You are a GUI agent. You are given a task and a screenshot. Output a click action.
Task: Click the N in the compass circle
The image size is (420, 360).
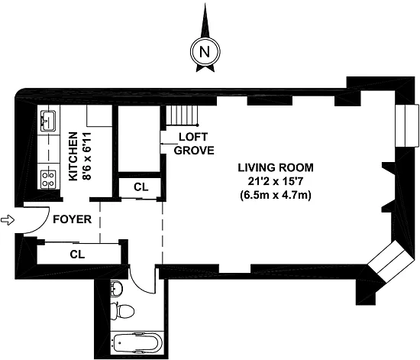coord(205,51)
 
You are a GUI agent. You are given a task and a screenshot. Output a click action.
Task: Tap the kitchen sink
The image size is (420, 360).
coord(48,121)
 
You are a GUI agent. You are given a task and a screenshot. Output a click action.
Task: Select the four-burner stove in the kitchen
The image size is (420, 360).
coord(48,179)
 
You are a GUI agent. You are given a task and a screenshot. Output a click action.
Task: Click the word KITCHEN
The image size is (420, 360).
coord(73,156)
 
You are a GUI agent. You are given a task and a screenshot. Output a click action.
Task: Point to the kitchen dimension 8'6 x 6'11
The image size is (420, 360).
coord(87,156)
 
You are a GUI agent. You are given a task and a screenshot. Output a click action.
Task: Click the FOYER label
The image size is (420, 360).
coord(73,219)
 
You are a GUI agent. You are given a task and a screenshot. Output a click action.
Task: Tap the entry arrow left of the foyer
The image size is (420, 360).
coord(7,220)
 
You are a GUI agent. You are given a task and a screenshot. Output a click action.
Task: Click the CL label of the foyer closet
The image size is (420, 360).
coord(77,254)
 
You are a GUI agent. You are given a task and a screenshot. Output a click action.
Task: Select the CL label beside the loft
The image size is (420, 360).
coord(141,187)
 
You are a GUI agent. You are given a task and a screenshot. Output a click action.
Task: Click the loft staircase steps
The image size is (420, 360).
coord(183,115)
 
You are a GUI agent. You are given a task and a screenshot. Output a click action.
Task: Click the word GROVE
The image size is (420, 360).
coord(194,151)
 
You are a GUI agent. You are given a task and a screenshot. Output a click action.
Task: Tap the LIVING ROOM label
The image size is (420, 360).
coord(276,167)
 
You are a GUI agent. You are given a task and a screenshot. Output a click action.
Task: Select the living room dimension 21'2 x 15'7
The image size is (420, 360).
coord(276,181)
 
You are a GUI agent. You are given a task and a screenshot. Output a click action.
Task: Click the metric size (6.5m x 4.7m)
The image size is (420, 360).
coord(276,195)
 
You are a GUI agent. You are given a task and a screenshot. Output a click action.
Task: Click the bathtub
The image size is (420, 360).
coord(137,342)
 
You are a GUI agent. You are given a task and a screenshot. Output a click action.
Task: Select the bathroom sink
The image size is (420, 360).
coord(117,288)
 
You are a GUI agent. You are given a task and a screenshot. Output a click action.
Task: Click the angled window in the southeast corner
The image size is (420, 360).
coord(390,261)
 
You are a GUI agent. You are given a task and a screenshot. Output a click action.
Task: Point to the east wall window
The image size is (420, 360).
coord(407,125)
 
